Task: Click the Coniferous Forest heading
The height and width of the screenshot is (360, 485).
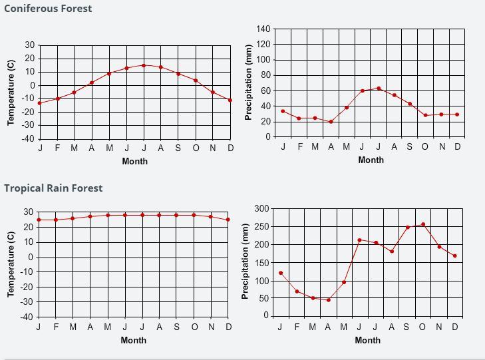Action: [48, 9]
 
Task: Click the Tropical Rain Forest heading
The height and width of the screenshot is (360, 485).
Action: [53, 188]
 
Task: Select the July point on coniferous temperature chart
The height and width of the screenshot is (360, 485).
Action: [144, 65]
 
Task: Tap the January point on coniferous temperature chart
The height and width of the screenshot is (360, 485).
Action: [40, 103]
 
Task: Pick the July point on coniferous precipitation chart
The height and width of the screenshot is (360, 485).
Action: [379, 89]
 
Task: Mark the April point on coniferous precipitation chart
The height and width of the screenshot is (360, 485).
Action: [331, 122]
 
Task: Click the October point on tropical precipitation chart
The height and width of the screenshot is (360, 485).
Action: [423, 225]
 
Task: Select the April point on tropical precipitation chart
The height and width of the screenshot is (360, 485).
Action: [329, 300]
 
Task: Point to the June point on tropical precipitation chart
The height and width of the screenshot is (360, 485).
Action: [359, 240]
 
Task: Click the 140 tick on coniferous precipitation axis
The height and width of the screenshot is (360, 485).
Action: [263, 29]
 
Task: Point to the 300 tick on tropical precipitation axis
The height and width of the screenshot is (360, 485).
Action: [261, 209]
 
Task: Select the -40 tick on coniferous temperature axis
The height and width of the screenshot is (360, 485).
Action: [28, 139]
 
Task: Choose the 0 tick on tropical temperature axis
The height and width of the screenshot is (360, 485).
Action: [31, 258]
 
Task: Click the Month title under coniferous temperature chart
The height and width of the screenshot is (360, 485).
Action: [135, 161]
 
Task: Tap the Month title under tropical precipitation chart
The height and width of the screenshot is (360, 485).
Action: [367, 340]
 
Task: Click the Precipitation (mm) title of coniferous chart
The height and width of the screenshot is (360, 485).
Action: [248, 83]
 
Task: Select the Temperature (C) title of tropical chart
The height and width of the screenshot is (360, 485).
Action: [11, 264]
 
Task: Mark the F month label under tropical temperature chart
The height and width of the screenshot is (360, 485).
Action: [56, 327]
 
